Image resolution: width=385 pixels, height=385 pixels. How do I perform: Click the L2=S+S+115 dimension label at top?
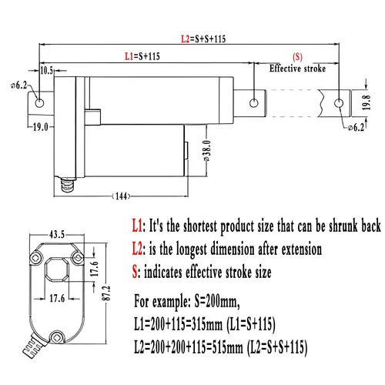(203, 39)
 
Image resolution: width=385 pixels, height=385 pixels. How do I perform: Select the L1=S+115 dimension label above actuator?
(142, 56)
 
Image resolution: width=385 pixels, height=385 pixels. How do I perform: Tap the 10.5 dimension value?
(46, 70)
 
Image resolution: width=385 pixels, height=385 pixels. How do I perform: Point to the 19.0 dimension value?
(41, 127)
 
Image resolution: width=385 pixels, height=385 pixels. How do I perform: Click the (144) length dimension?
(122, 196)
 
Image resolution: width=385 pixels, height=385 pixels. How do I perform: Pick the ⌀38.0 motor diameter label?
(207, 151)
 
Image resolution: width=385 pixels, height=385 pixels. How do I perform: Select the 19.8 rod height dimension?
(367, 102)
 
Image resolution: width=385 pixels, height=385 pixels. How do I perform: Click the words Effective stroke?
(297, 69)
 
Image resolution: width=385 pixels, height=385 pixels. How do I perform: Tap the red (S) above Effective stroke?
(297, 57)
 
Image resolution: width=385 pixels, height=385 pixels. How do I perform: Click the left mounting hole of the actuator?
(39, 103)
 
